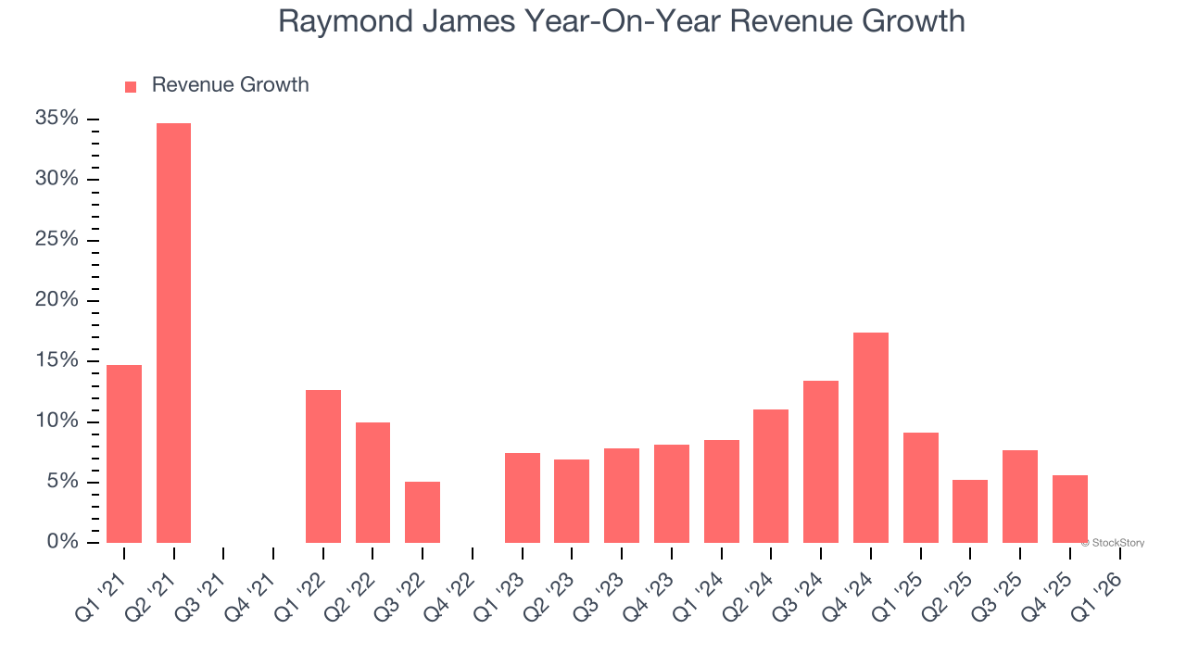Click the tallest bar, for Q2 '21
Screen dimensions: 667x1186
point(173,333)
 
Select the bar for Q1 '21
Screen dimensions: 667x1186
point(124,454)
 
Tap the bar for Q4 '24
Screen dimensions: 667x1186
point(871,437)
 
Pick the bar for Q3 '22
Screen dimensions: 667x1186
point(423,512)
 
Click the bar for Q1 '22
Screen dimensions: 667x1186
point(323,466)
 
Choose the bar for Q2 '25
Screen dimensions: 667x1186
point(970,511)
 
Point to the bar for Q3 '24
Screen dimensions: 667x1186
point(821,461)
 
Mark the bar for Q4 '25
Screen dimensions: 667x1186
point(1070,509)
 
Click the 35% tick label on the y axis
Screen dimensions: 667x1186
point(57,119)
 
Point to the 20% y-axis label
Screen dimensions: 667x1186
point(57,300)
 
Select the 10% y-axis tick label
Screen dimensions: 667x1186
point(57,422)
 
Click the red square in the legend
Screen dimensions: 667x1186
point(131,87)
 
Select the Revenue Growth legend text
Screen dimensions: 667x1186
point(230,85)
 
